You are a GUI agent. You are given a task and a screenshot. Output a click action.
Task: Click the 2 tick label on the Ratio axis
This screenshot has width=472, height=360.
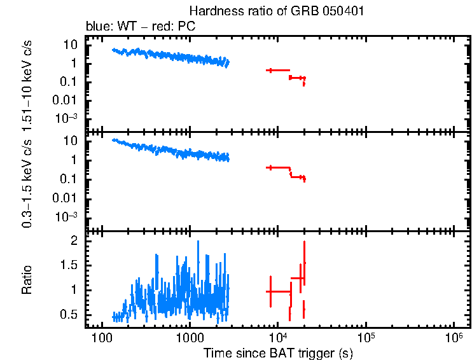pyautogui.click(x=74, y=241)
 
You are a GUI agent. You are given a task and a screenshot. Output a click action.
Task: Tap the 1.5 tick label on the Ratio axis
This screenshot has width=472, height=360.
pyautogui.click(x=69, y=265)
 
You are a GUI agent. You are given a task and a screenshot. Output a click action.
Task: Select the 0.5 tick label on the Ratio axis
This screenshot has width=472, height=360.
pyautogui.click(x=69, y=315)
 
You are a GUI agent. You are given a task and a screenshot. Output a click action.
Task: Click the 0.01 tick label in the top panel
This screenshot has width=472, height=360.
pyautogui.click(x=66, y=100)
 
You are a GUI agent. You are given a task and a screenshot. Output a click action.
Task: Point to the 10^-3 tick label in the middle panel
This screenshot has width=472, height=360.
pyautogui.click(x=67, y=216)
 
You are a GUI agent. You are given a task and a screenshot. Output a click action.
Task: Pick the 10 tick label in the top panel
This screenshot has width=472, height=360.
pyautogui.click(x=70, y=45)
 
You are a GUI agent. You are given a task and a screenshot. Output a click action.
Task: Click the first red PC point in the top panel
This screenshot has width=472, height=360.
pyautogui.click(x=270, y=70)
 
